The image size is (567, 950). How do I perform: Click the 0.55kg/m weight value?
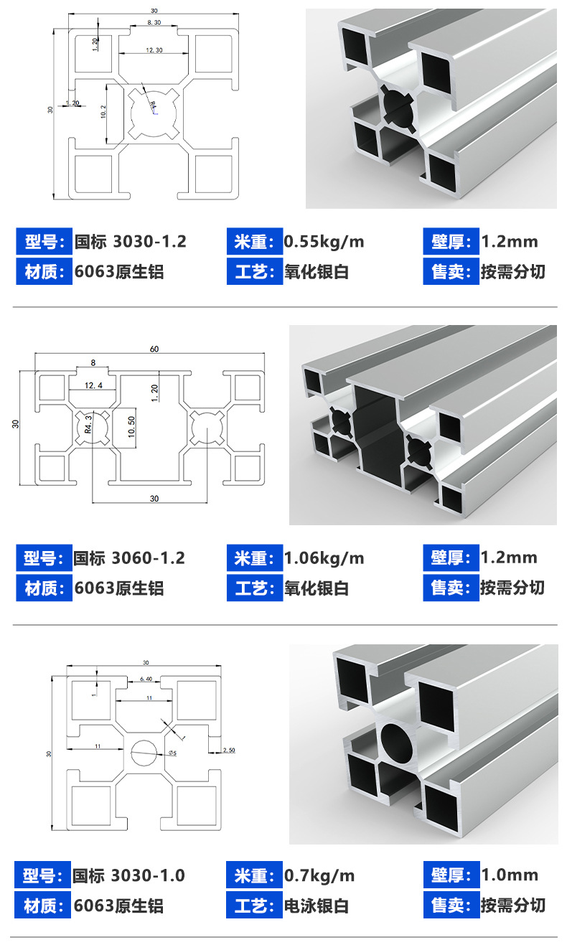coord(324,242)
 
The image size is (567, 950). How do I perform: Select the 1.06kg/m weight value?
coord(324,558)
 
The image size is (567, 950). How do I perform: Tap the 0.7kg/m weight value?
coord(319,876)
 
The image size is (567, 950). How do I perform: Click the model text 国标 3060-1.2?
coord(130,558)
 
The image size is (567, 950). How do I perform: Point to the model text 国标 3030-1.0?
coord(129,876)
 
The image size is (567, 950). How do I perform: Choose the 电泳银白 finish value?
coord(317,906)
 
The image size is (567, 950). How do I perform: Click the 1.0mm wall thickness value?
coord(509,875)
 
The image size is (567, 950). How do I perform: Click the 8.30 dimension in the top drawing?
coord(154,24)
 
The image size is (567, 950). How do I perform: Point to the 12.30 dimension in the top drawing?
coord(154,50)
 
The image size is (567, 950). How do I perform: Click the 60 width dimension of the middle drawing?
coord(154,349)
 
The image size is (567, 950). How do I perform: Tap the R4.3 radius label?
coord(88,424)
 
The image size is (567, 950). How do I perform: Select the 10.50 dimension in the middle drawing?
coord(131,426)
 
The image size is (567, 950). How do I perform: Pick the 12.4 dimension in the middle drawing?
coord(94,386)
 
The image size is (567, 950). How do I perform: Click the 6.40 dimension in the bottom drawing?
coord(146,679)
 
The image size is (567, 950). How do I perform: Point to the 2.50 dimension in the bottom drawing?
coord(228,751)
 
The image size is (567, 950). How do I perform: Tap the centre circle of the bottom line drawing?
coord(145,752)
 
